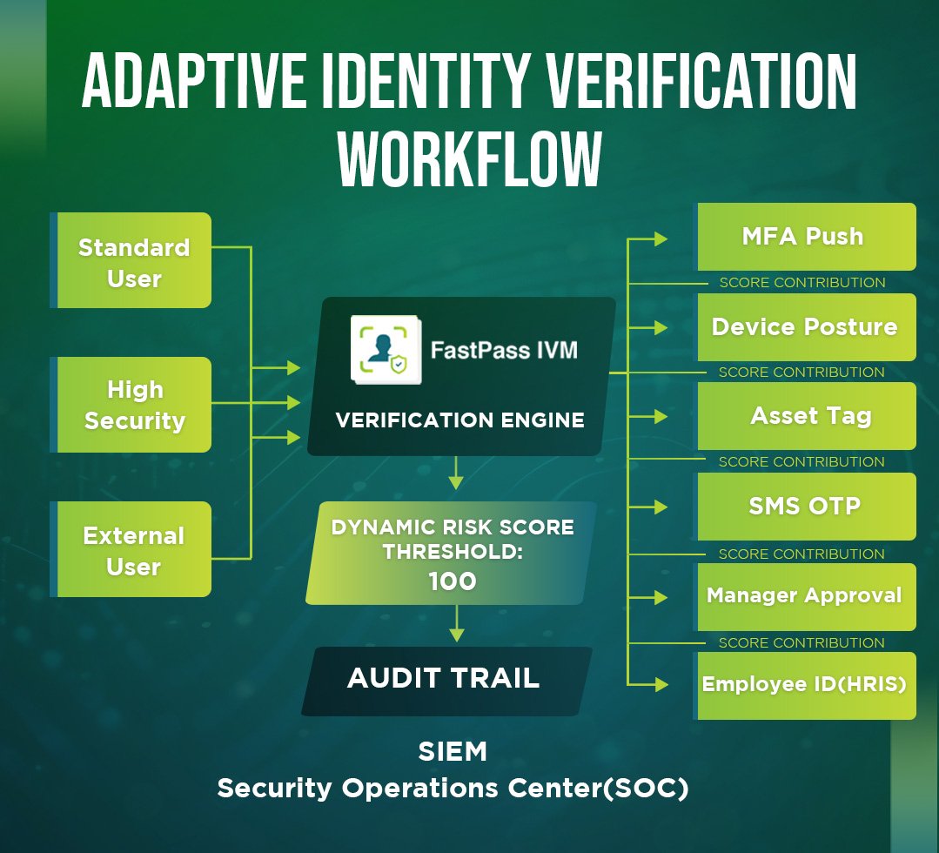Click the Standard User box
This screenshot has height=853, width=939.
coord(134,261)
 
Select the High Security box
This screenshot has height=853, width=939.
coord(134,405)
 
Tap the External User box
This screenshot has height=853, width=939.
coord(134,549)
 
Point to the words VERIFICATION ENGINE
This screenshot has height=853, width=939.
coord(459,420)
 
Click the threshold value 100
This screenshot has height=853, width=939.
coord(453,581)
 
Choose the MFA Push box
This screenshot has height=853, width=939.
coord(805,237)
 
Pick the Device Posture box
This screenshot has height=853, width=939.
coord(805,327)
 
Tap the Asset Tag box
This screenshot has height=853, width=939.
coord(805,416)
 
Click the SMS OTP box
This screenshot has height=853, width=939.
coord(805,507)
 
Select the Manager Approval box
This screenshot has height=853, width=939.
coord(805,596)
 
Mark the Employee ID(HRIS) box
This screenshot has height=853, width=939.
coord(805,685)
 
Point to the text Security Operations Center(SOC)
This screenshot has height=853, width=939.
coord(453,789)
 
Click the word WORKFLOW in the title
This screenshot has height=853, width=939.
coord(470,159)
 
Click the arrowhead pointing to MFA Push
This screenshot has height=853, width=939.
coord(661,238)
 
